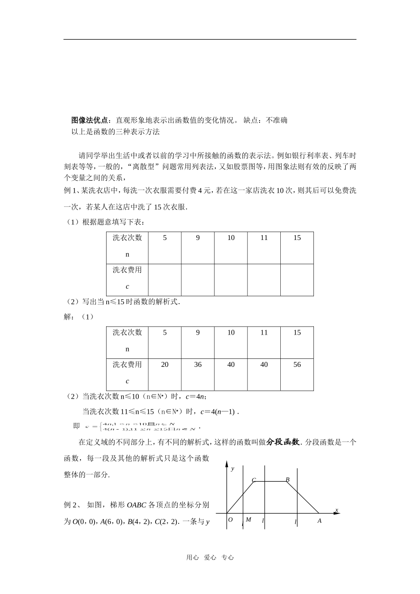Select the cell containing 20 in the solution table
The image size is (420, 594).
pos(164,365)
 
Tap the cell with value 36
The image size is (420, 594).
pos(198,365)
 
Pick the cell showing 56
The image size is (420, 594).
pos(297,365)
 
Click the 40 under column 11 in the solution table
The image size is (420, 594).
pos(264,365)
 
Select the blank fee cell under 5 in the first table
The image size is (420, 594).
pos(164,280)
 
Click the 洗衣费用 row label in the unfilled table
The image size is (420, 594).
pos(127,270)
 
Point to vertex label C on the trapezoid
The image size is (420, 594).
pos(254,480)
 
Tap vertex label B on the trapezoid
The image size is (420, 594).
pos(287,480)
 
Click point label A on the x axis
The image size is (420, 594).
pos(320,521)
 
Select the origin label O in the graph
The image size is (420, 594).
pos(230,520)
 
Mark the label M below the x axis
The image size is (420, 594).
pos(248,520)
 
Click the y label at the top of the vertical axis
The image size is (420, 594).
pos(233,468)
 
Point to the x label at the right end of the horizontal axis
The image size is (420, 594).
pos(336,510)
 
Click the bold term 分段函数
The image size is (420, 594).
pos(283,442)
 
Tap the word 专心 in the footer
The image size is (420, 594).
pos(227,558)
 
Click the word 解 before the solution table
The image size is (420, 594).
pos(67,317)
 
